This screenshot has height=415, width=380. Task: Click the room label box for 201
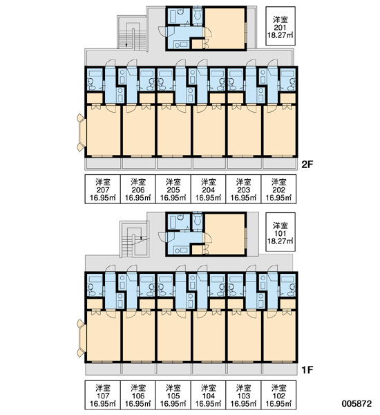[x=281, y=26]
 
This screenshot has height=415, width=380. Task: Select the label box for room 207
[x=103, y=189]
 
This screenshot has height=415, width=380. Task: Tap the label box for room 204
[x=209, y=189]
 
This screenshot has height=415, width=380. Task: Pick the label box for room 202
[x=278, y=189]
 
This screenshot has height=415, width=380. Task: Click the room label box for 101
[x=281, y=232]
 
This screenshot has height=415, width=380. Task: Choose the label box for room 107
[x=103, y=395]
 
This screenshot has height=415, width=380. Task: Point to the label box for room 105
[x=173, y=395]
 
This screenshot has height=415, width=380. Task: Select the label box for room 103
[x=244, y=395]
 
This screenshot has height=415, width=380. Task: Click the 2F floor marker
[x=307, y=165]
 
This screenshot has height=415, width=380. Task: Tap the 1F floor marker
[x=307, y=370]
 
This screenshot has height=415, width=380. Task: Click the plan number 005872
[x=357, y=403]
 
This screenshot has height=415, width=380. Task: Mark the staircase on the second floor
[x=132, y=33]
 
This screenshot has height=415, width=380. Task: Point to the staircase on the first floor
[x=134, y=239]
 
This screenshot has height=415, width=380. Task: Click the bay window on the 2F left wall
[x=82, y=132]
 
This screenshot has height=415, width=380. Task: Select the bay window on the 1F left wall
[x=82, y=338]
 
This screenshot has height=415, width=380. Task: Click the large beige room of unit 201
[x=225, y=28]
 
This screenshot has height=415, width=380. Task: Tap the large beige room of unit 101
[x=225, y=234]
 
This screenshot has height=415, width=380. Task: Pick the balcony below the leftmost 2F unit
[x=103, y=163]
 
